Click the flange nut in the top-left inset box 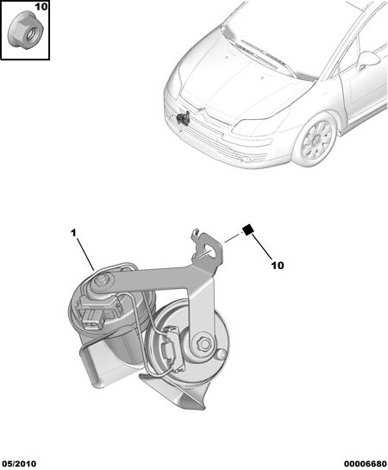pos(26,29)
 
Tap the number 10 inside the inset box pos(41,7)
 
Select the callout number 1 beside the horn pos(73,233)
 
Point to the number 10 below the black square pos(278,265)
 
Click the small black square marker pos(248,229)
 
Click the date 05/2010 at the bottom pos(18,464)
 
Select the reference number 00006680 pos(366,464)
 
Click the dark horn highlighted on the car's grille pos(183,117)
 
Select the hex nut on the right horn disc pos(204,343)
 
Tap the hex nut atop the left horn pos(100,279)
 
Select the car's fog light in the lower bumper pos(247,159)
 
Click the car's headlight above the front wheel pos(261,124)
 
